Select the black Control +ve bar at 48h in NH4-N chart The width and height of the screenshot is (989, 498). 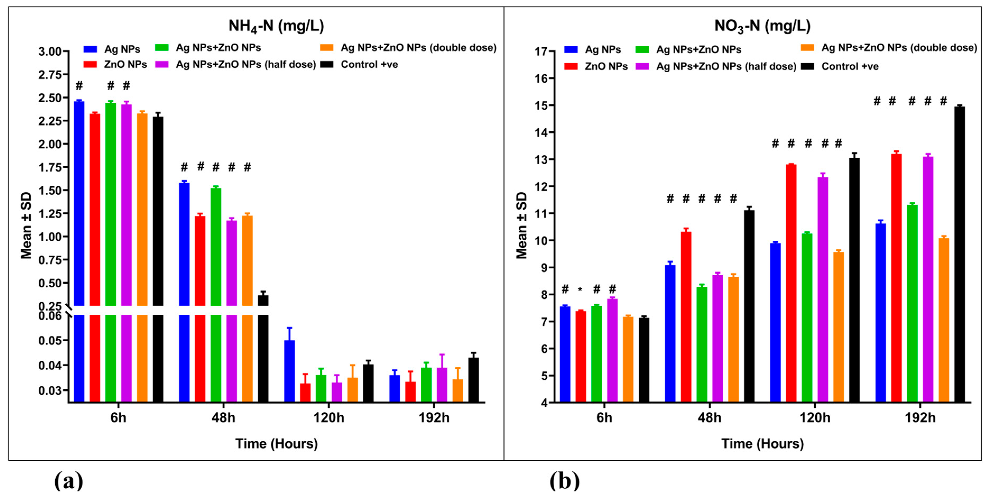263,345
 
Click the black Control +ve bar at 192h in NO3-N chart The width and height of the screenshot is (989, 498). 959,253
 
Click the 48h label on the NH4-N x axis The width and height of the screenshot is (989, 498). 223,417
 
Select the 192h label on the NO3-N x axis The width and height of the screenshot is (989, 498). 920,417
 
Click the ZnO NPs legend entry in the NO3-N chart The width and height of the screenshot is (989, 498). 606,66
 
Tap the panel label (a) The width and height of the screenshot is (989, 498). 68,481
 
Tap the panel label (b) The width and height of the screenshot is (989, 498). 564,481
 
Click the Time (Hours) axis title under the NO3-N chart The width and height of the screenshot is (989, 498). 762,444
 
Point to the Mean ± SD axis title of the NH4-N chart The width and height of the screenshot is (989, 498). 26,226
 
